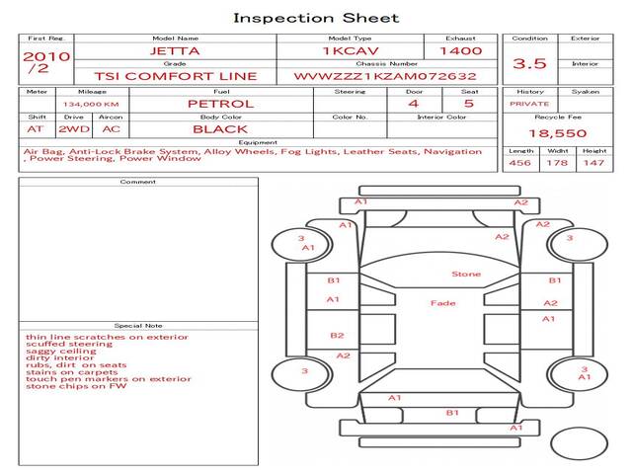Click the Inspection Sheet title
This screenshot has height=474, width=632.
[316, 18]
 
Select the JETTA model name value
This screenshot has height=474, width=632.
[174, 50]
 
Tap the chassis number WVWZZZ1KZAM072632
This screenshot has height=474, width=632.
[385, 76]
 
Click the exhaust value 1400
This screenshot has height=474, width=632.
[460, 50]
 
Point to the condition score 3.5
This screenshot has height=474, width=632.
[529, 63]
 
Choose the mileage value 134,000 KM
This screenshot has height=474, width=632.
[91, 104]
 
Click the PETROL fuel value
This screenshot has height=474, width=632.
[220, 103]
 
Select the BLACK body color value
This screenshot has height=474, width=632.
[220, 129]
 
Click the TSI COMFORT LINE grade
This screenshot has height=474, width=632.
[175, 76]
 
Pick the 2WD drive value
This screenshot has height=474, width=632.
[72, 129]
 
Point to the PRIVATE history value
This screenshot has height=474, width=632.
[529, 104]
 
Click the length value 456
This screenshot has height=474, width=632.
[519, 163]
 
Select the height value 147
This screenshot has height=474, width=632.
[593, 163]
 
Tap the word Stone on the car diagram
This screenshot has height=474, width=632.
[466, 274]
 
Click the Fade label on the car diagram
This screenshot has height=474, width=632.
[442, 302]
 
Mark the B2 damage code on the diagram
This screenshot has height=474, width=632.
[337, 336]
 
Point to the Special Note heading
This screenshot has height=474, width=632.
[138, 325]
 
